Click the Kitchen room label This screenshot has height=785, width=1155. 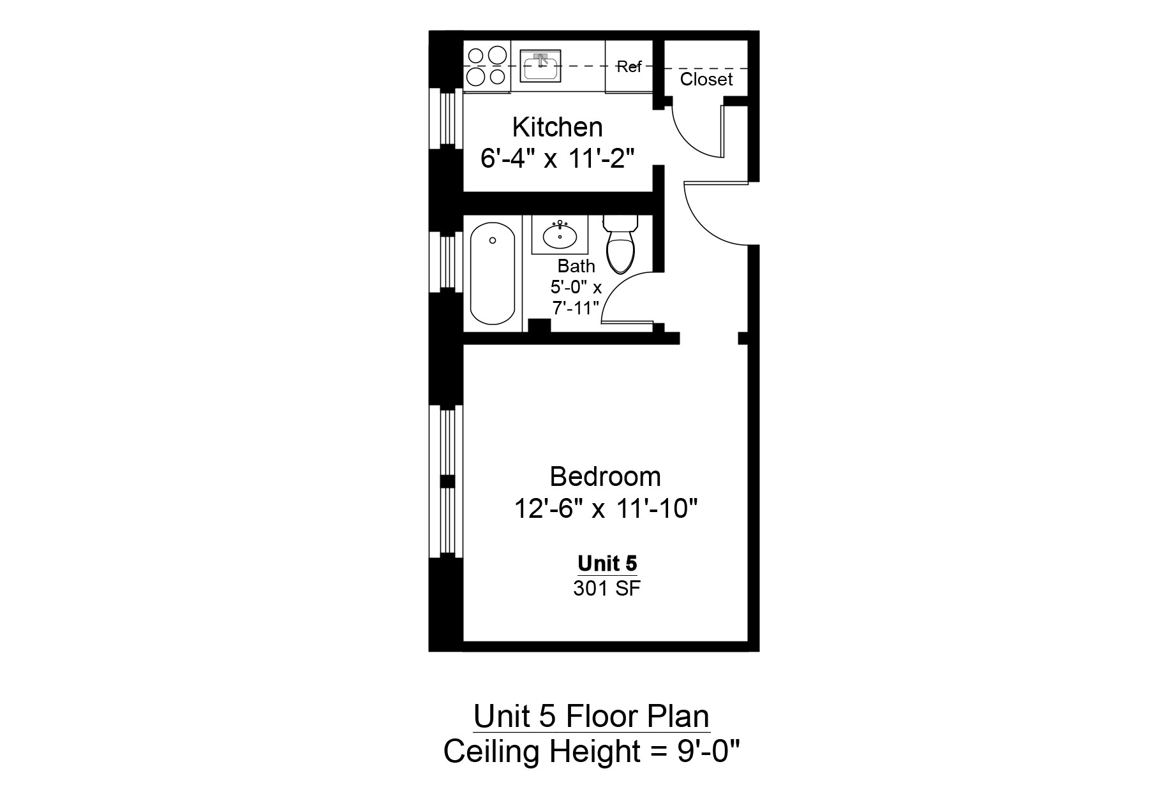click(x=557, y=128)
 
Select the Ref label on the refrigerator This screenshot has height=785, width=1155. click(x=629, y=67)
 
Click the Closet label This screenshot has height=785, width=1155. click(x=706, y=80)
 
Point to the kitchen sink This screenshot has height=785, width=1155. click(x=541, y=65)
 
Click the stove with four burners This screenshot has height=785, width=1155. click(x=486, y=66)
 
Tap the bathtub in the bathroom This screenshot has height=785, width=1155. click(x=492, y=273)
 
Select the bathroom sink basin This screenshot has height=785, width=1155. click(x=560, y=235)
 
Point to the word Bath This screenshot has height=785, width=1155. click(x=576, y=266)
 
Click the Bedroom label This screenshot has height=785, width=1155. click(x=605, y=477)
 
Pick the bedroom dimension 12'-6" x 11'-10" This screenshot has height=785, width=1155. click(x=605, y=510)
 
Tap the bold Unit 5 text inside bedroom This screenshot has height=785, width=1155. click(x=607, y=564)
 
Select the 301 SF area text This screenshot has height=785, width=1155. click(x=606, y=589)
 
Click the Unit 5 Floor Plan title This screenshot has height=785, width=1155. click(x=591, y=717)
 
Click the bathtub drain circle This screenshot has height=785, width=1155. click(x=492, y=240)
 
